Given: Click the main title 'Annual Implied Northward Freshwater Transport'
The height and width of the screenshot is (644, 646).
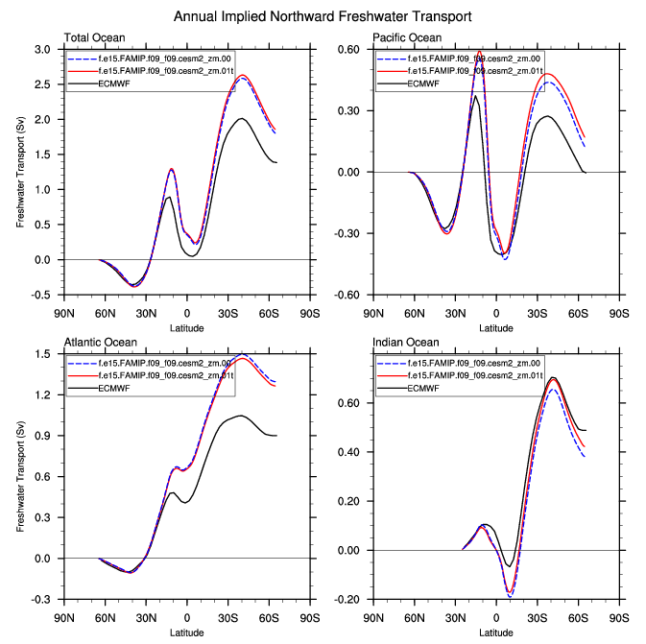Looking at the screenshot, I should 323,16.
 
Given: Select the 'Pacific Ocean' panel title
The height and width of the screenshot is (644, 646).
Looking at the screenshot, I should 407,37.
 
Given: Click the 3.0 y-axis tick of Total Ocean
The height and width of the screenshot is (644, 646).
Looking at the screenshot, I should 43,49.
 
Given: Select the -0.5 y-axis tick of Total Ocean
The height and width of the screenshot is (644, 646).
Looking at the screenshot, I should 41,295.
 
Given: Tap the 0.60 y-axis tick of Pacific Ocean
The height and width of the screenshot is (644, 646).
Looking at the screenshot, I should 347,49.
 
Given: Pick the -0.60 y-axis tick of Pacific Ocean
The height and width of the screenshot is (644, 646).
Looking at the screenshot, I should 346,295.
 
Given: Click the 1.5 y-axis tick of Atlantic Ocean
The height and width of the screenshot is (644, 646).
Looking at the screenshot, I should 43,354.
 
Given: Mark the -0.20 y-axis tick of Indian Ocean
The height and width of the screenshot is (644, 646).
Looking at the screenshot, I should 346,600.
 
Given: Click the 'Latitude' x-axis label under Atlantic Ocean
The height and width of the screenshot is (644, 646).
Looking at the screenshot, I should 186,632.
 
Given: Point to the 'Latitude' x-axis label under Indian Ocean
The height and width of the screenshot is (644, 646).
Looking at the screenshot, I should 496,632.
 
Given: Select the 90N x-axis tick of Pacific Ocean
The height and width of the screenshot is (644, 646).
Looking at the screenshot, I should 373,313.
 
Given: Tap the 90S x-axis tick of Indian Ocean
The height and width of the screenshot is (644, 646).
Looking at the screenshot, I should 619,618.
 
